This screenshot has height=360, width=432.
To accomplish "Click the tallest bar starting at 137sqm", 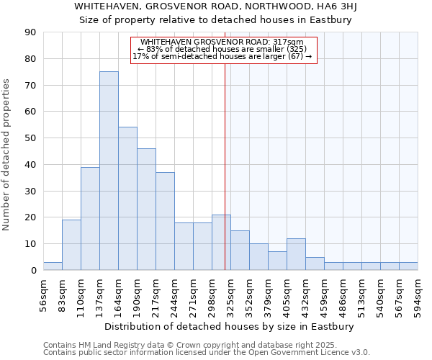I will pos(109,171).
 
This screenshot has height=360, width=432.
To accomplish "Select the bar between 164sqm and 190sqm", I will pos(127,199).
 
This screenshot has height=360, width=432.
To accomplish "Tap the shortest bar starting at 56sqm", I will pos(53,266).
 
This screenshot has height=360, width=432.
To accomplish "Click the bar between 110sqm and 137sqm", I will pos(90,218).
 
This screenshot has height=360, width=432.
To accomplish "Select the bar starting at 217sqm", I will pos(165,221).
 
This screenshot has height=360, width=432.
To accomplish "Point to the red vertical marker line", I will pos(225,166).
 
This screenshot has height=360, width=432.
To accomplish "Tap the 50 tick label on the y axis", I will pos(30,138).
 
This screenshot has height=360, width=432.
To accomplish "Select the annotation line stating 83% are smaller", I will pos(222,50).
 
